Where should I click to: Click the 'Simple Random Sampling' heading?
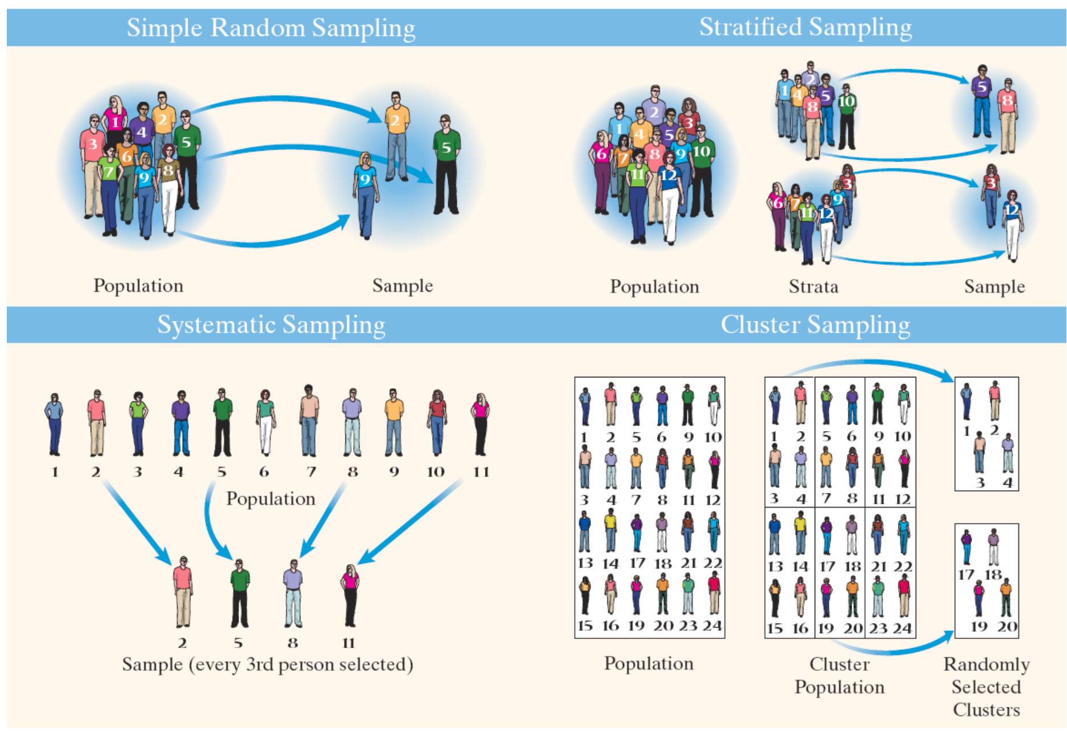(x=271, y=28)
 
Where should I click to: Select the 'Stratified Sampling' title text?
(x=805, y=27)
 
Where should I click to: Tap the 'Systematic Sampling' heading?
(x=271, y=324)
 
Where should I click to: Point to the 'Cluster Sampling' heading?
(x=815, y=324)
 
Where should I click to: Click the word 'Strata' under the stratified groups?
(x=813, y=286)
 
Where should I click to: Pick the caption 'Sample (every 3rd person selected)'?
(x=267, y=664)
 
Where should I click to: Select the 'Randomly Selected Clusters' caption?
(x=986, y=686)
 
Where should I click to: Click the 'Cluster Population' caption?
(x=839, y=675)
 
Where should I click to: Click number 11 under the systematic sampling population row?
(x=481, y=472)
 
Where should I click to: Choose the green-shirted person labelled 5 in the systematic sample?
(x=240, y=593)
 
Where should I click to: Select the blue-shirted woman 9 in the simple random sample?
(x=365, y=194)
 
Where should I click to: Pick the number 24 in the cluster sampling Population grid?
(x=712, y=625)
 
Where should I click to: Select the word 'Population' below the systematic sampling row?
(x=271, y=498)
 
